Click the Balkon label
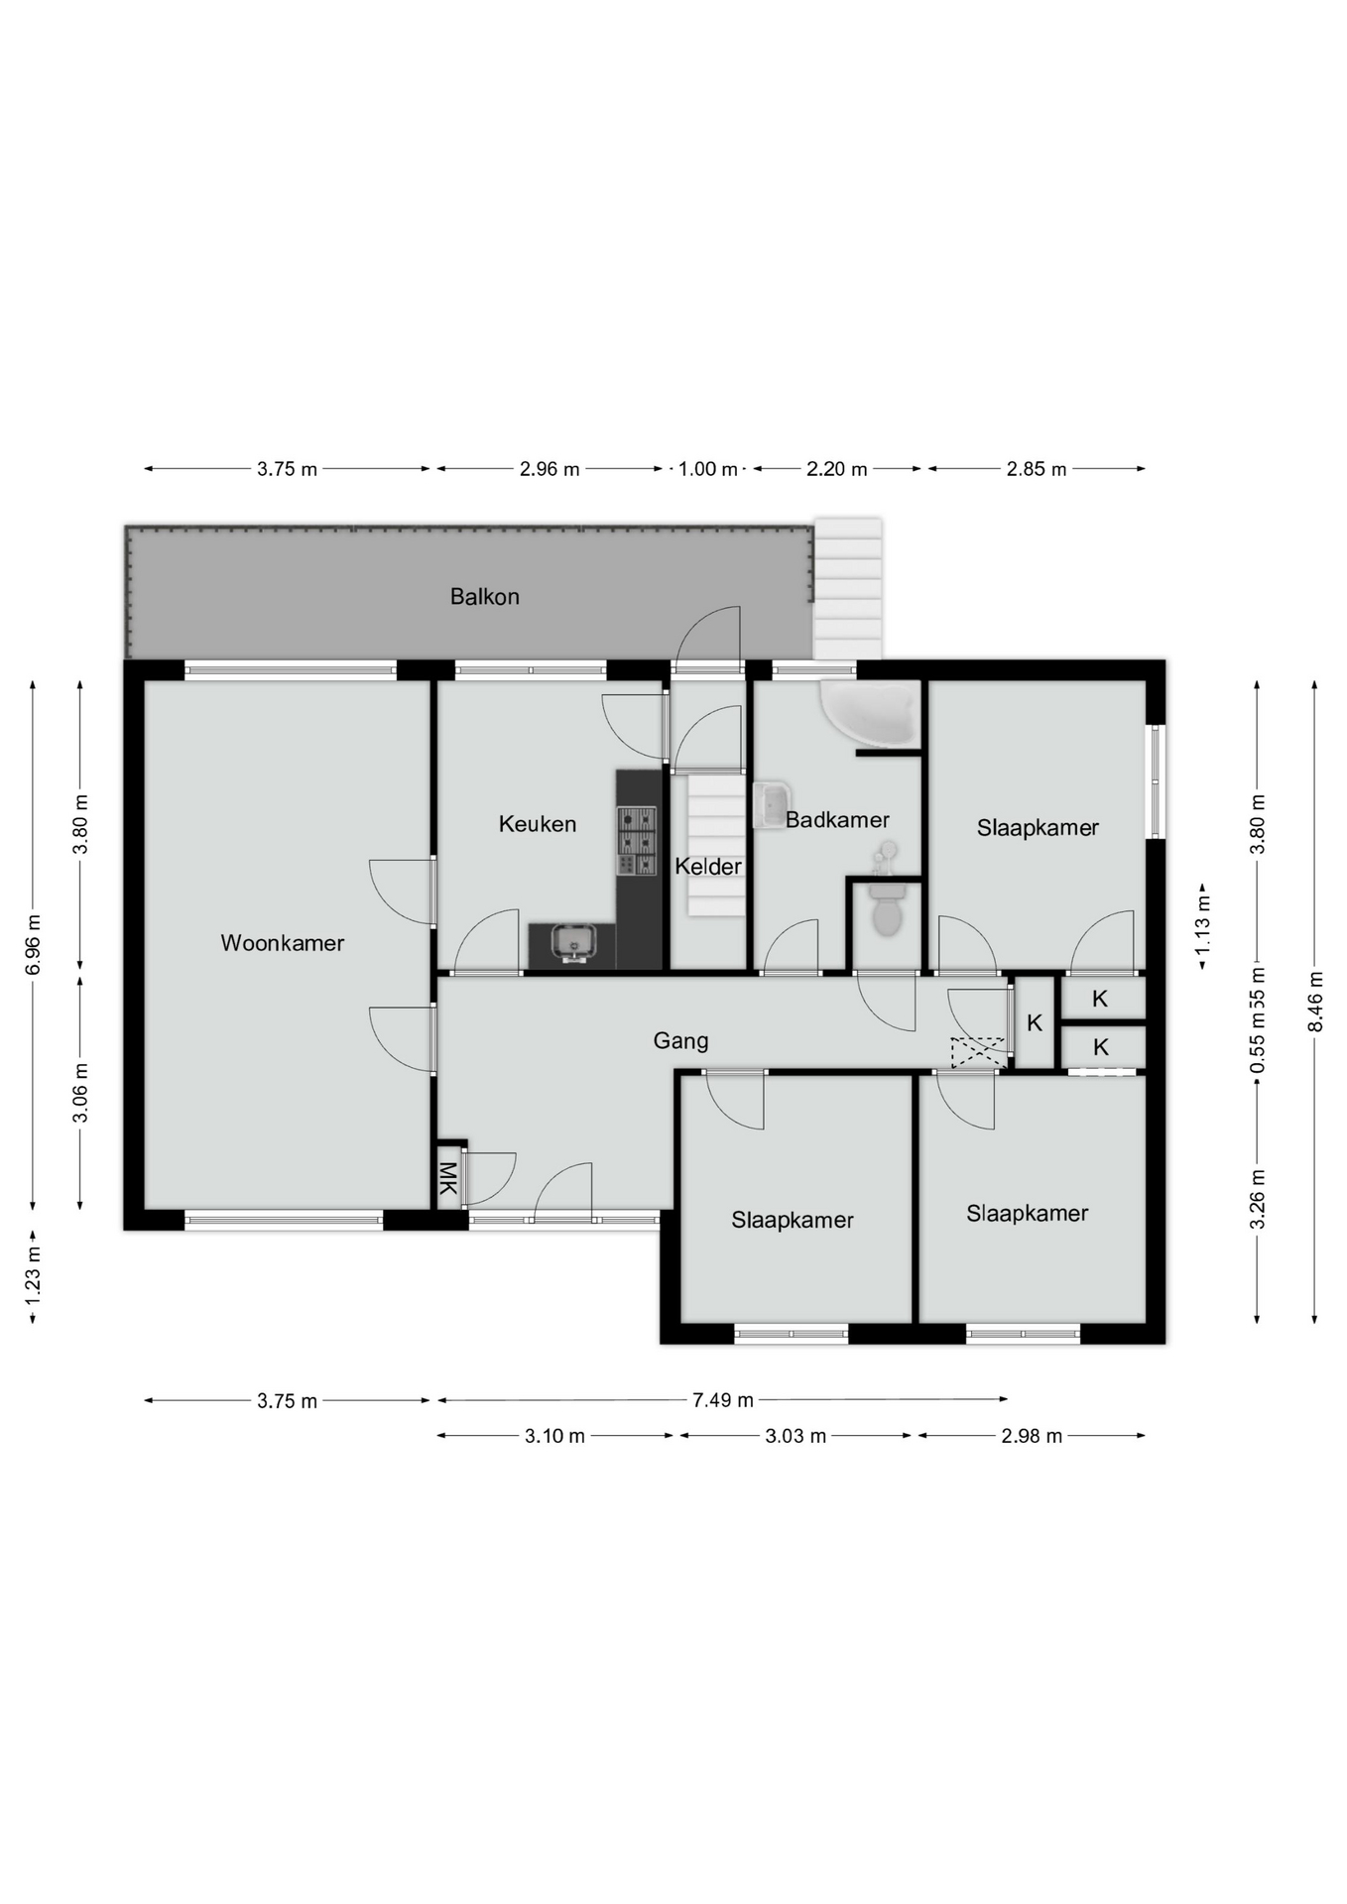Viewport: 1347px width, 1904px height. click(484, 596)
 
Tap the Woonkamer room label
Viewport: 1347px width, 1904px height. click(283, 943)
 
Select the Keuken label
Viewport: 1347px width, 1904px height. click(538, 824)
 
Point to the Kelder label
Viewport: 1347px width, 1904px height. click(708, 867)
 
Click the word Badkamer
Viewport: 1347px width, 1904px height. click(837, 820)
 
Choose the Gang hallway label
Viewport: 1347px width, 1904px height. click(680, 1041)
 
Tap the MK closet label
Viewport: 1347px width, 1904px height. click(448, 1178)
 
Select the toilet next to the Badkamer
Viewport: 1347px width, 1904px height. click(887, 909)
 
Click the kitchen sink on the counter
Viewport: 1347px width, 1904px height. click(573, 941)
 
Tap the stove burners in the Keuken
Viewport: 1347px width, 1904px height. click(637, 841)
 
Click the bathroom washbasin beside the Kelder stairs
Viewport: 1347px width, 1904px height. click(772, 804)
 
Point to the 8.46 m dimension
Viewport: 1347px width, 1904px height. click(1315, 1001)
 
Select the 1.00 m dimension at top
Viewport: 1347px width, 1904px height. click(708, 469)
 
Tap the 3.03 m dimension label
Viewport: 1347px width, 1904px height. click(796, 1436)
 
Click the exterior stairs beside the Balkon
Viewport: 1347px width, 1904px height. click(848, 589)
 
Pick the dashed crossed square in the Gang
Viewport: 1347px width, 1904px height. click(978, 1052)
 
